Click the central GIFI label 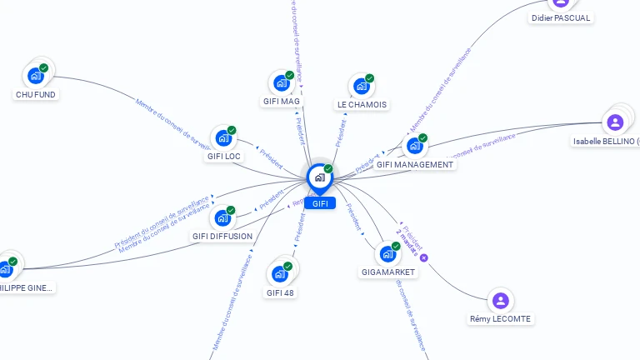pyautogui.click(x=320, y=203)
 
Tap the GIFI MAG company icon pyautogui.click(x=281, y=82)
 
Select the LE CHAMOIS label pyautogui.click(x=362, y=105)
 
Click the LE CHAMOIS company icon pyautogui.click(x=361, y=86)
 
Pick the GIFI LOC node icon pyautogui.click(x=223, y=137)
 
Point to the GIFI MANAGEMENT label pyautogui.click(x=415, y=165)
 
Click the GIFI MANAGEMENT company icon pyautogui.click(x=414, y=146)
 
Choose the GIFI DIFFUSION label pyautogui.click(x=222, y=237)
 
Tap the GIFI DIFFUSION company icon pyautogui.click(x=222, y=217)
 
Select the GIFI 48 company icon pyautogui.click(x=280, y=273)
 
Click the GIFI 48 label pyautogui.click(x=281, y=292)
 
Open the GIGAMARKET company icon pyautogui.click(x=387, y=253)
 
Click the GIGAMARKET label pyautogui.click(x=388, y=272)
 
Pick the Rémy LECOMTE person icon pyautogui.click(x=500, y=300)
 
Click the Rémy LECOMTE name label pyautogui.click(x=500, y=319)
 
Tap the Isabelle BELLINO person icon pyautogui.click(x=615, y=122)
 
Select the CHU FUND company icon pyautogui.click(x=36, y=76)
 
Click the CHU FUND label pyautogui.click(x=36, y=95)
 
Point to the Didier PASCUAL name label pyautogui.click(x=561, y=18)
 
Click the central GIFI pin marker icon pyautogui.click(x=320, y=177)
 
